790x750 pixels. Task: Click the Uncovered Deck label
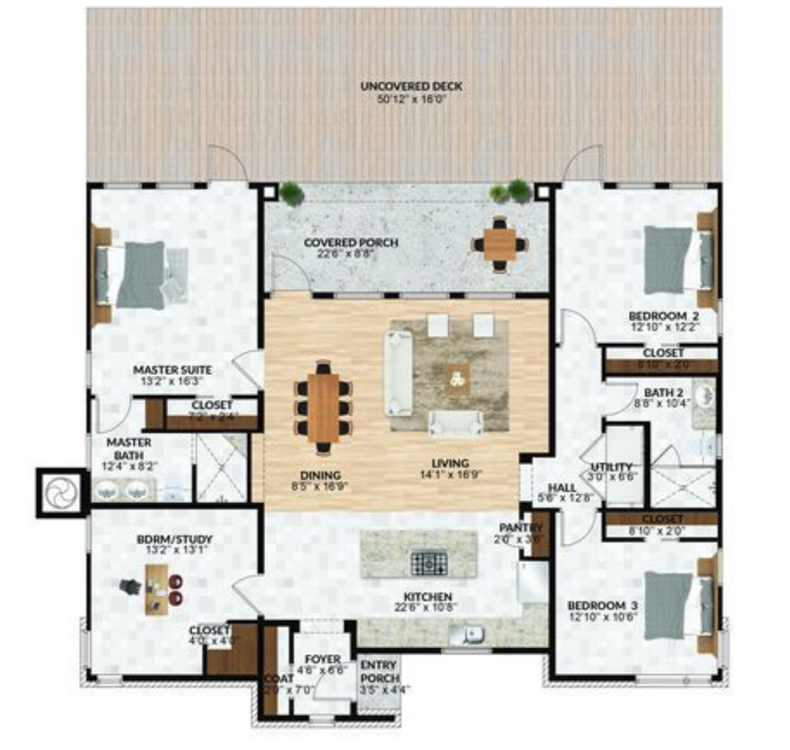(x=411, y=86)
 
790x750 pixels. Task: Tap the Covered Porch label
(x=351, y=243)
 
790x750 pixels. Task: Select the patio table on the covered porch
(x=500, y=244)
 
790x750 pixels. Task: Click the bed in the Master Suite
(x=140, y=275)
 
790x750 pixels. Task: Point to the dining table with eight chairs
(x=323, y=408)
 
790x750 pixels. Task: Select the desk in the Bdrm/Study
(x=156, y=589)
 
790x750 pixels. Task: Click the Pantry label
(x=516, y=528)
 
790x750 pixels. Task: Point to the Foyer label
(x=322, y=659)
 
